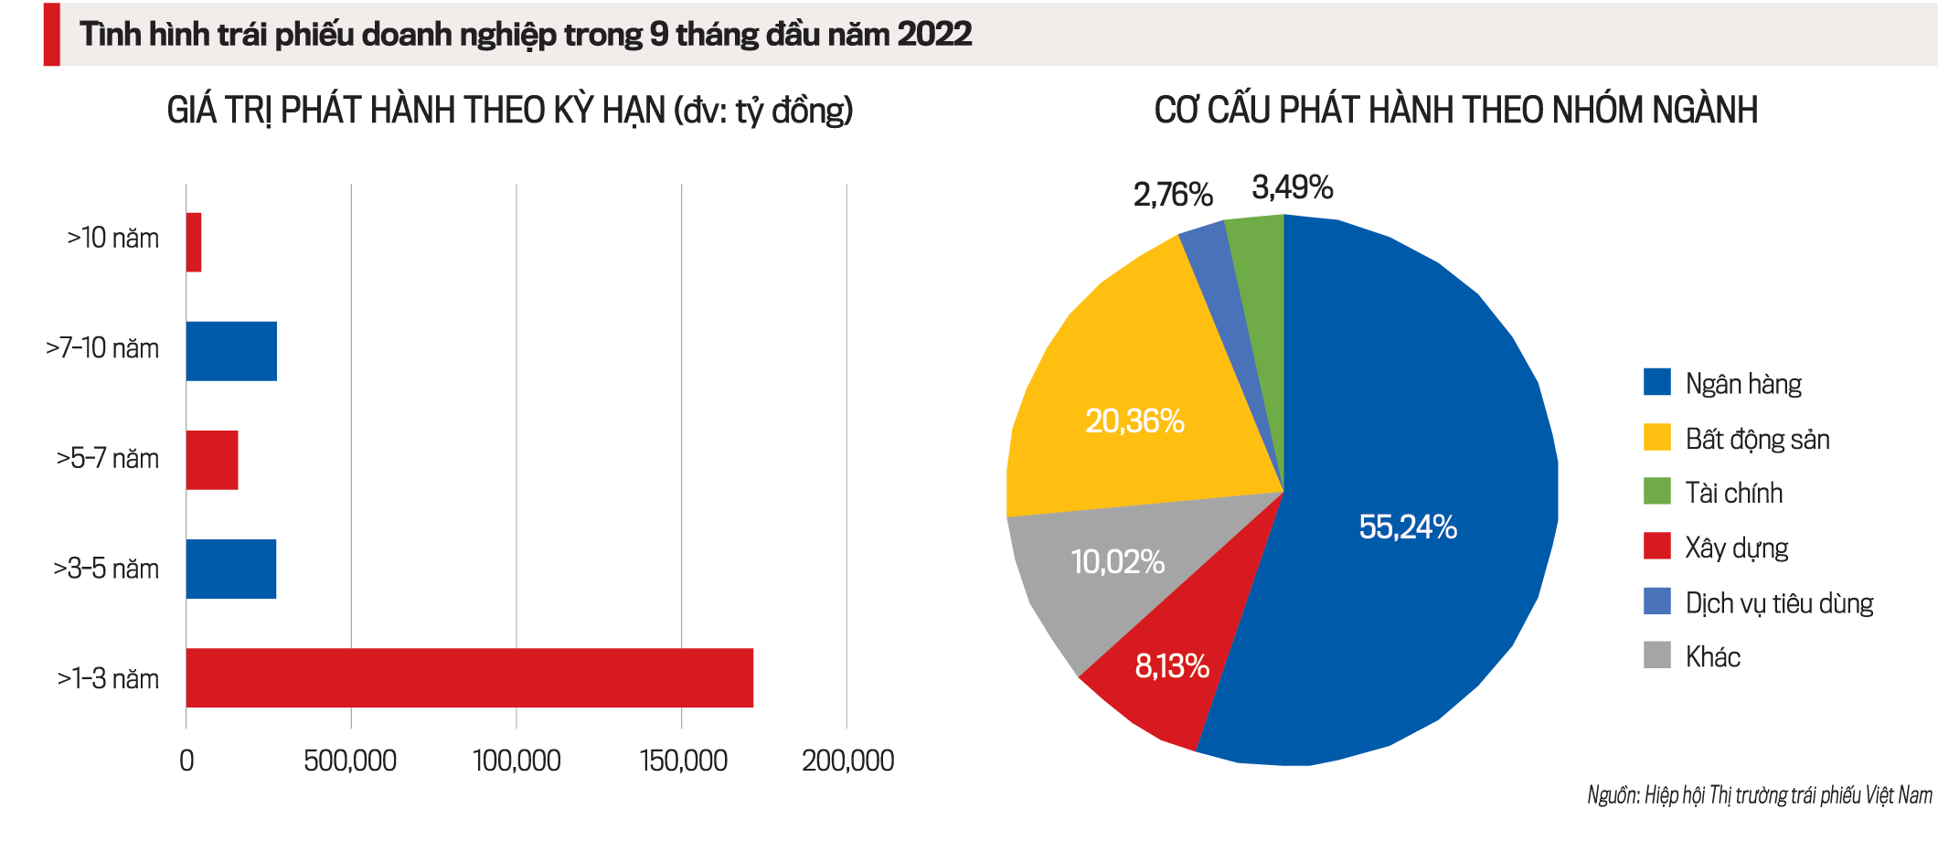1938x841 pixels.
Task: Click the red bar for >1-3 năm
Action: pos(470,677)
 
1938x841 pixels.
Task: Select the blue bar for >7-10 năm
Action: pos(231,351)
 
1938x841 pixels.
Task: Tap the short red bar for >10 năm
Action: pos(194,242)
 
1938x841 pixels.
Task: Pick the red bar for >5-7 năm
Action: pos(212,460)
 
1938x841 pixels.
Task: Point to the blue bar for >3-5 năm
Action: pos(231,569)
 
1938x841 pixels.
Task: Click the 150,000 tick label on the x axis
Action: pos(683,761)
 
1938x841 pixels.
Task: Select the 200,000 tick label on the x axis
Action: pos(847,761)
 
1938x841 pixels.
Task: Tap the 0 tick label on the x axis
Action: pos(186,761)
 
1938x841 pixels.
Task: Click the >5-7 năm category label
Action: pos(108,458)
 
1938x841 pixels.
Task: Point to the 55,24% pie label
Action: pos(1408,527)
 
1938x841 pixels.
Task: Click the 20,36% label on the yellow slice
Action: pos(1134,421)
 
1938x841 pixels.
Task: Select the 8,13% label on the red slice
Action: pos(1172,666)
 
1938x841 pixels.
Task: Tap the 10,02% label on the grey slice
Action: pos(1117,561)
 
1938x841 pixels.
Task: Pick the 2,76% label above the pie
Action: pos(1173,194)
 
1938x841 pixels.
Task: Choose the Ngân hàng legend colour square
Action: pos(1656,382)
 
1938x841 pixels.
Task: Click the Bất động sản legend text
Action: pos(1757,440)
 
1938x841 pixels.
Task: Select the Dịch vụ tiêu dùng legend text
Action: pos(1779,603)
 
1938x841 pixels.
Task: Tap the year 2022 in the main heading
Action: pos(934,35)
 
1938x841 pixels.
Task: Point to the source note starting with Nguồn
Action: pos(1759,795)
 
